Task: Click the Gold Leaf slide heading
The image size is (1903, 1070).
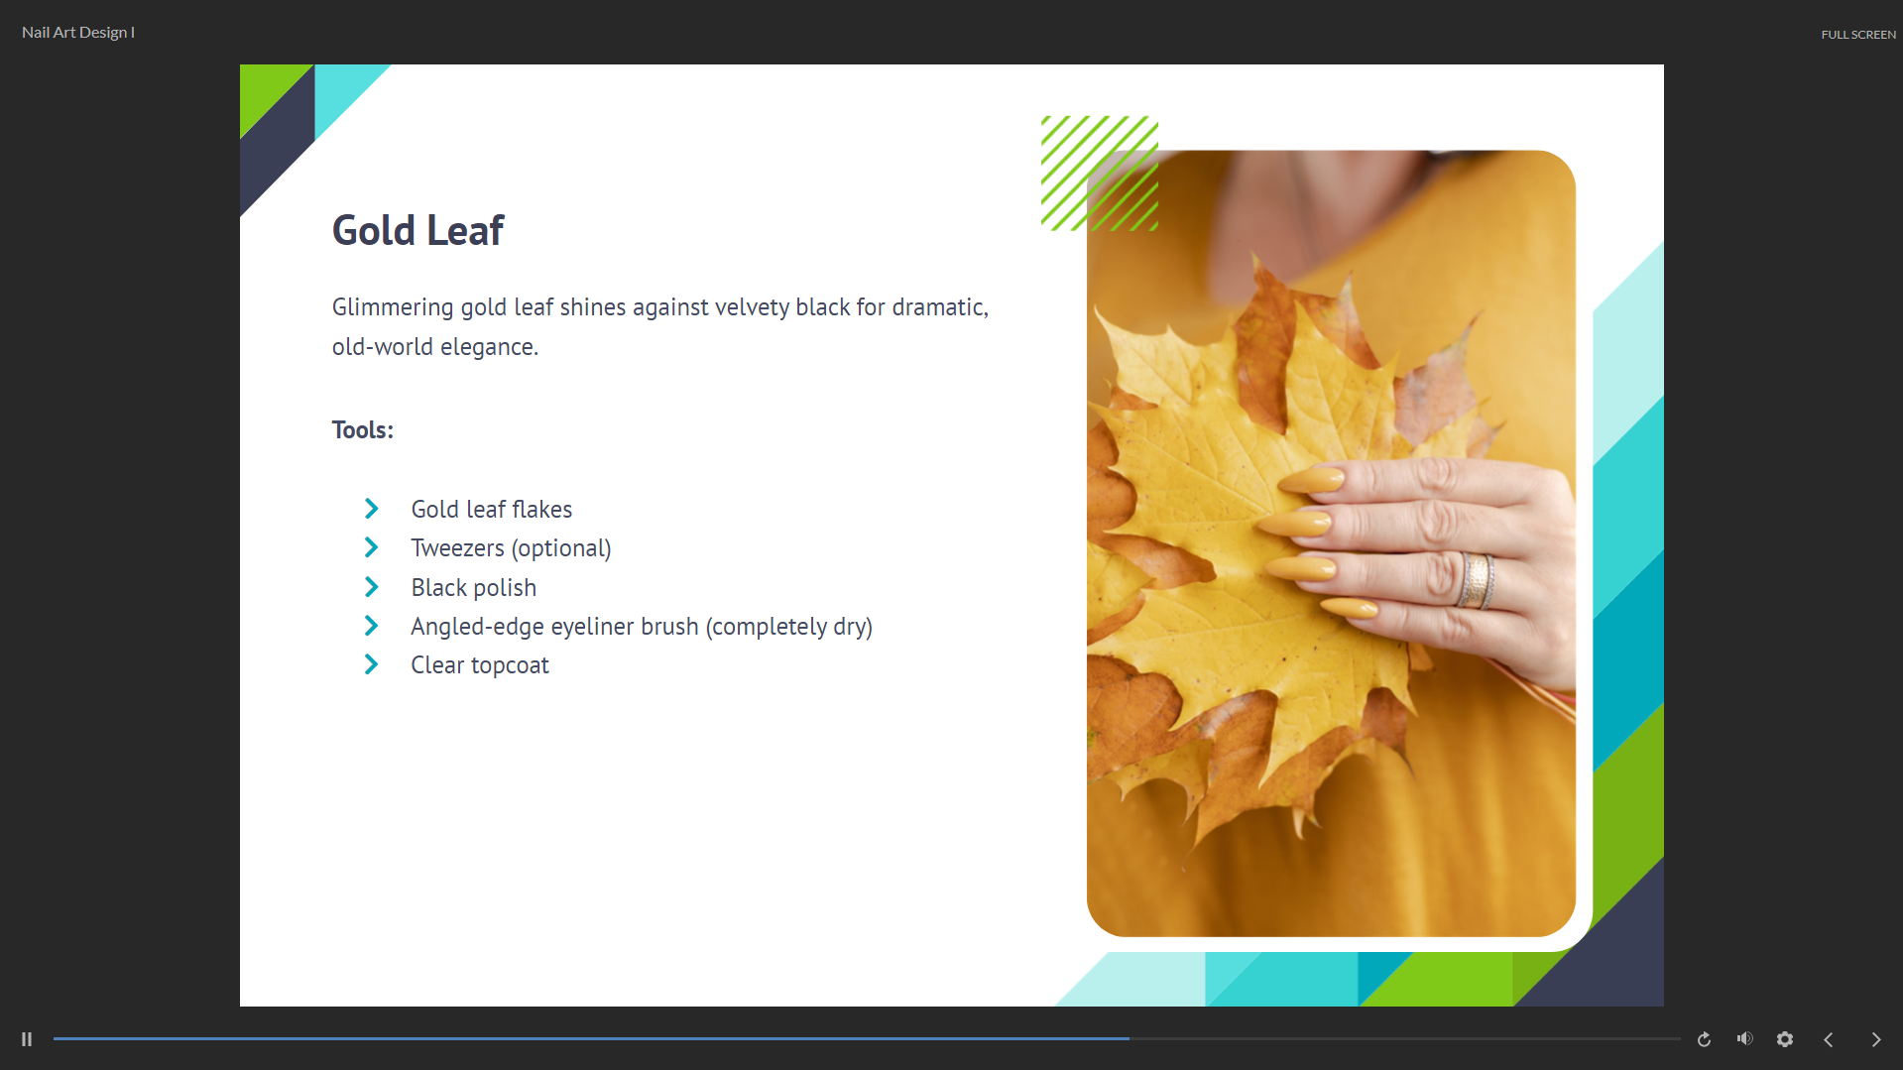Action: [417, 231]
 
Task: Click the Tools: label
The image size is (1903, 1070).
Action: [363, 430]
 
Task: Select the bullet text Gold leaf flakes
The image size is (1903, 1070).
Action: [492, 510]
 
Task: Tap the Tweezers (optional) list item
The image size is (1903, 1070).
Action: [511, 548]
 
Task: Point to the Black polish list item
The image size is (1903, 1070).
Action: [474, 588]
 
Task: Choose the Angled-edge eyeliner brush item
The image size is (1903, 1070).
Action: [642, 627]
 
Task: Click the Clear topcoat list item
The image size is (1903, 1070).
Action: [480, 665]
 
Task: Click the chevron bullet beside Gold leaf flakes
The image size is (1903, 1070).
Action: [372, 509]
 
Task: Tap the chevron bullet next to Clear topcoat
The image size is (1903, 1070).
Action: [372, 664]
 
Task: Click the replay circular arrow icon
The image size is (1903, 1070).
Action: [1704, 1039]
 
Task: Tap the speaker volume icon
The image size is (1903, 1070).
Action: [1745, 1038]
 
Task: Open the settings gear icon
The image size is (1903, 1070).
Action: [1785, 1039]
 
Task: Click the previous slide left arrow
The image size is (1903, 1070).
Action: [1829, 1039]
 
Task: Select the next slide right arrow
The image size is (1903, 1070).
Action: [1876, 1039]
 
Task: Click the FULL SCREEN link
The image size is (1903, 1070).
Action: [1858, 35]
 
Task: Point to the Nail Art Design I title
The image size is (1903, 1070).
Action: [78, 33]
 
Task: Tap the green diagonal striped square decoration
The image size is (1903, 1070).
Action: [1100, 174]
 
